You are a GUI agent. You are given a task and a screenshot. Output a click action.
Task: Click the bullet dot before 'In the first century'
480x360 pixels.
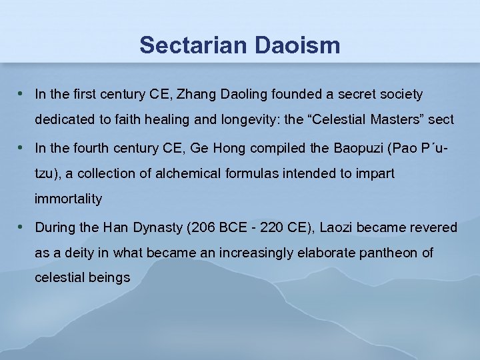click(x=22, y=94)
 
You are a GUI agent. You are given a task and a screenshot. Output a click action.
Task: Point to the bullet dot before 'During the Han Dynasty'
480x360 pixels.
click(x=22, y=227)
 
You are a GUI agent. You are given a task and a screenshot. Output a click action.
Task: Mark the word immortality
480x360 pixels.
click(x=69, y=199)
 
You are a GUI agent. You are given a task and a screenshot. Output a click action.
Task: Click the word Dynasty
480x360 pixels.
click(x=158, y=228)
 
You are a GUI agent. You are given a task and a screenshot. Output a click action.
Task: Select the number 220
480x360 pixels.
click(x=267, y=228)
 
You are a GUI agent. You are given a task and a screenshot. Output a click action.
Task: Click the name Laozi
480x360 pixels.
click(x=338, y=228)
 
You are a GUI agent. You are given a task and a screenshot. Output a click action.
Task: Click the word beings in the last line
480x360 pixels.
click(x=108, y=278)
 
